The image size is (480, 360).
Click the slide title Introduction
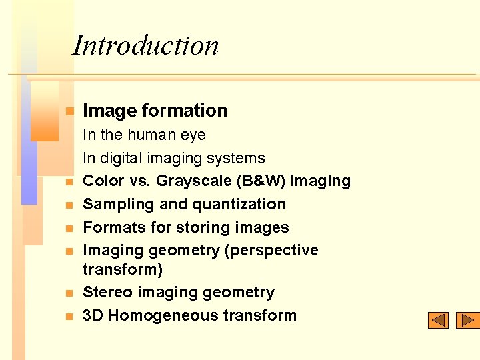pyautogui.click(x=145, y=45)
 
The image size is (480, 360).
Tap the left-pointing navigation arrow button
pyautogui.click(x=438, y=321)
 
